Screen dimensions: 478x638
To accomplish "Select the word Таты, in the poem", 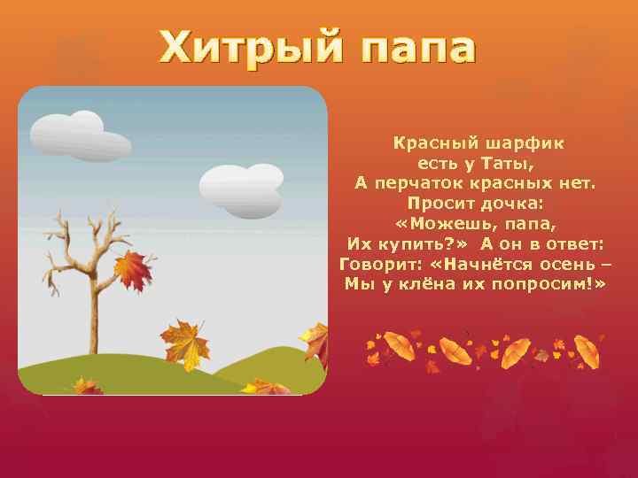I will point(509,163).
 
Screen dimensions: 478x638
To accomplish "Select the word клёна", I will point(423,285).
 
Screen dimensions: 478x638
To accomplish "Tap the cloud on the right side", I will point(242,190).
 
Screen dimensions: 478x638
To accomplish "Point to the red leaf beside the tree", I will point(134,269).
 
